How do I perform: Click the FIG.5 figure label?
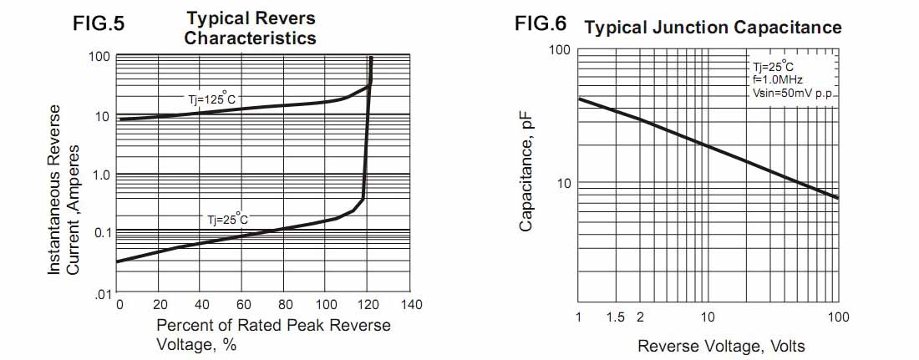[x=99, y=24]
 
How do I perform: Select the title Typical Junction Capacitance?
[x=713, y=28]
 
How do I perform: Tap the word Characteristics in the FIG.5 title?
[x=250, y=38]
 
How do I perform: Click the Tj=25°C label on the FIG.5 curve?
[x=228, y=220]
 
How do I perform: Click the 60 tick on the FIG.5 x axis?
[x=241, y=305]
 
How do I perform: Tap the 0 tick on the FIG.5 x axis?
[x=119, y=305]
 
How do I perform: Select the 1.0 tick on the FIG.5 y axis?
[x=102, y=175]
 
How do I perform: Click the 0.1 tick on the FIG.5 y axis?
[x=102, y=232]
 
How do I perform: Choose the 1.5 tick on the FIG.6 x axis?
[x=616, y=317]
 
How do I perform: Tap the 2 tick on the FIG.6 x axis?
[x=640, y=317]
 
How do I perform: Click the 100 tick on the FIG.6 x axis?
[x=838, y=317]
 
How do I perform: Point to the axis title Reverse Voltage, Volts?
[x=721, y=346]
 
